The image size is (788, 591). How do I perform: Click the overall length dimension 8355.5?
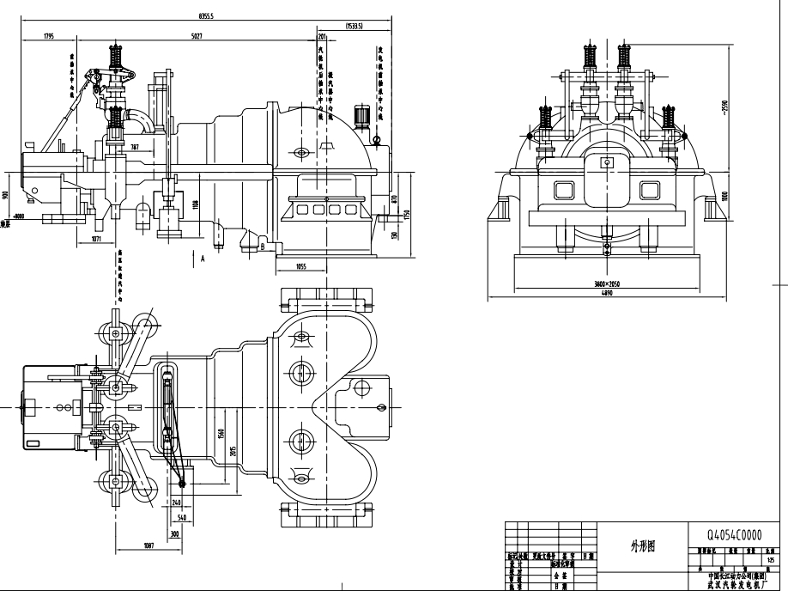(x=206, y=15)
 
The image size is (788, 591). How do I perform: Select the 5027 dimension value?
(x=197, y=36)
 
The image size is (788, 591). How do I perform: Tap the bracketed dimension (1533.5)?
(x=355, y=27)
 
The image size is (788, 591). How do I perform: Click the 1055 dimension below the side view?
(x=301, y=266)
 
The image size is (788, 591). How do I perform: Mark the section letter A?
(x=203, y=257)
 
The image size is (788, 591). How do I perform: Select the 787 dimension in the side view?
(x=134, y=148)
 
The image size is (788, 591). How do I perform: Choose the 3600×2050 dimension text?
(x=606, y=283)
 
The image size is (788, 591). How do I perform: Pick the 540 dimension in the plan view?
(x=182, y=519)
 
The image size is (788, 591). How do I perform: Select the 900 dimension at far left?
(x=7, y=195)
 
